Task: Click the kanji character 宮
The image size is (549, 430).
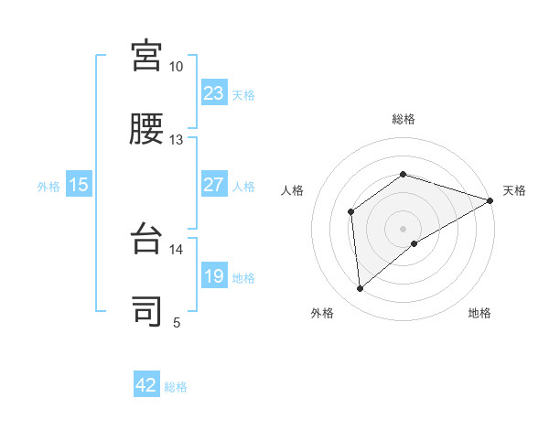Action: click(146, 56)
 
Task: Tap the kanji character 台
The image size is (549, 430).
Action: click(146, 238)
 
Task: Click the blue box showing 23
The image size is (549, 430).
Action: click(214, 93)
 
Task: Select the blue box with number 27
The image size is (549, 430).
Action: click(214, 185)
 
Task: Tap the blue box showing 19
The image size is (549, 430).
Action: click(214, 277)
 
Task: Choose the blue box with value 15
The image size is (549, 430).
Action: click(79, 185)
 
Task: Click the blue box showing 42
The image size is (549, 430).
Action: click(146, 385)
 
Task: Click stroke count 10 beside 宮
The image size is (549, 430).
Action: click(177, 67)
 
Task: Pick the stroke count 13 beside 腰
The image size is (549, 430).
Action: click(177, 140)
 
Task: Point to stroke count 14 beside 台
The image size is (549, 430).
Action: click(177, 249)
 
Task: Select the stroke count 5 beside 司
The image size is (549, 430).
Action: click(177, 322)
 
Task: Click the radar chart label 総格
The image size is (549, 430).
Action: click(403, 119)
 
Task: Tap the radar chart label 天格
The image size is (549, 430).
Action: click(514, 190)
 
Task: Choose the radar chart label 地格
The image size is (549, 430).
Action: click(479, 314)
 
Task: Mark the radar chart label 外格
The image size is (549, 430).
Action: click(322, 314)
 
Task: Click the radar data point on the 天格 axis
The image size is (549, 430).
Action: click(490, 200)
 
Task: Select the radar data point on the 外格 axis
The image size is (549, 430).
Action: click(361, 289)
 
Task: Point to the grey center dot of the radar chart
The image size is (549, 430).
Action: click(403, 228)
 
